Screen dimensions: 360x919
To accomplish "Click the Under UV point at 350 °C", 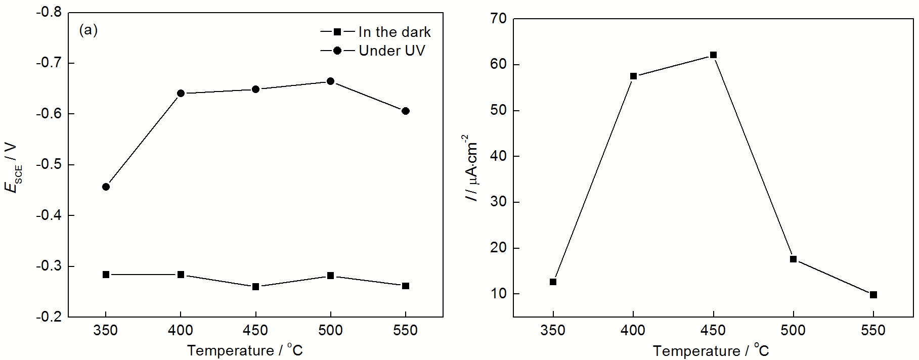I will pyautogui.click(x=106, y=187).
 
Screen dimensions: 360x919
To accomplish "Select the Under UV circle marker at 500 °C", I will pyautogui.click(x=330, y=81).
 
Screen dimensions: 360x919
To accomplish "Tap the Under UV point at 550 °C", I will pyautogui.click(x=405, y=111).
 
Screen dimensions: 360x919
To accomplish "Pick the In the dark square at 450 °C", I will pyautogui.click(x=255, y=287).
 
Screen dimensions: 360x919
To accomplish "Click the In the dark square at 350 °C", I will pyautogui.click(x=106, y=275).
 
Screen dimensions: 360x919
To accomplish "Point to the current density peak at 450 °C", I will pyautogui.click(x=713, y=55).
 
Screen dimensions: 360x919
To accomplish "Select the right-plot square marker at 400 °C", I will pyautogui.click(x=633, y=76).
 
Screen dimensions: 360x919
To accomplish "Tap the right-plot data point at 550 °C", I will pyautogui.click(x=873, y=295).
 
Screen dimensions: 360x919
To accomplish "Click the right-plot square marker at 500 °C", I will pyautogui.click(x=793, y=259).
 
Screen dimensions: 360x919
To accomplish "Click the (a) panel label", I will pyautogui.click(x=89, y=30).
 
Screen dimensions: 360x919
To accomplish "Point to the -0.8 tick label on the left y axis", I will pyautogui.click(x=49, y=12).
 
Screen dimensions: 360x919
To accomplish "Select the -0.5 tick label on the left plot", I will pyautogui.click(x=49, y=165).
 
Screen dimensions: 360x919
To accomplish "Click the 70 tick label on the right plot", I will pyautogui.click(x=498, y=19).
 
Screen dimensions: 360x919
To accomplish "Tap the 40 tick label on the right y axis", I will pyautogui.click(x=498, y=156).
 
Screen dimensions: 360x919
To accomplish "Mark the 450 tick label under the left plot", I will pyautogui.click(x=255, y=331).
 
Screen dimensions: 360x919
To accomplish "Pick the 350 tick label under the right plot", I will pyautogui.click(x=553, y=331).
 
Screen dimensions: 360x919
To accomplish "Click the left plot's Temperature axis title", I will pyautogui.click(x=245, y=350).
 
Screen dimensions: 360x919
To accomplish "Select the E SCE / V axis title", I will pyautogui.click(x=13, y=167).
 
